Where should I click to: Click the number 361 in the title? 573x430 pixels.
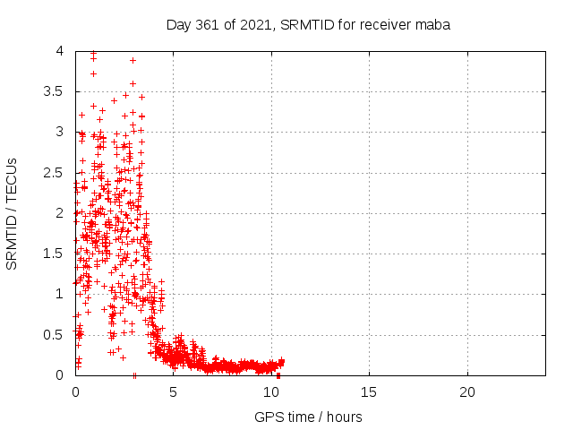(207, 25)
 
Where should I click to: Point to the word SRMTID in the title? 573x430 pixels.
(307, 25)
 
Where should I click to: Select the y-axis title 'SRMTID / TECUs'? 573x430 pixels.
(12, 214)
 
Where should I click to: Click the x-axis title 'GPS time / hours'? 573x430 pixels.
(308, 417)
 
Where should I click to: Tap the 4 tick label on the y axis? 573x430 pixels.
(60, 51)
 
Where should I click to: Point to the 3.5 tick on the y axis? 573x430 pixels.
(54, 91)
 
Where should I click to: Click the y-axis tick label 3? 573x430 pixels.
(60, 132)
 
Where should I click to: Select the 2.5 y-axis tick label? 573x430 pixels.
(54, 173)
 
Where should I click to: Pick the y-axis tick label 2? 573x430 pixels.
(60, 213)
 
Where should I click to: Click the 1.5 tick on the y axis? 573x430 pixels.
(54, 254)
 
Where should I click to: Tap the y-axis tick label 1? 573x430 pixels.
(60, 294)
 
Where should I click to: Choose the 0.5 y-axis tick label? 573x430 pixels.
(54, 334)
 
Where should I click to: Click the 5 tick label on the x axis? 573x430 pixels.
(173, 392)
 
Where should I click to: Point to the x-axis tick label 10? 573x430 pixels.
(271, 392)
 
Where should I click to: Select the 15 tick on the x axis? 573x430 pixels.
(369, 392)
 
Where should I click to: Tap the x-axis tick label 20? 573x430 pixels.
(467, 392)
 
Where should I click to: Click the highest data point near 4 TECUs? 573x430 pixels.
(93, 53)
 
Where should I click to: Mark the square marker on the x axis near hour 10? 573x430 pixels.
(278, 375)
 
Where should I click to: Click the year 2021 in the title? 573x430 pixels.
(255, 25)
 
